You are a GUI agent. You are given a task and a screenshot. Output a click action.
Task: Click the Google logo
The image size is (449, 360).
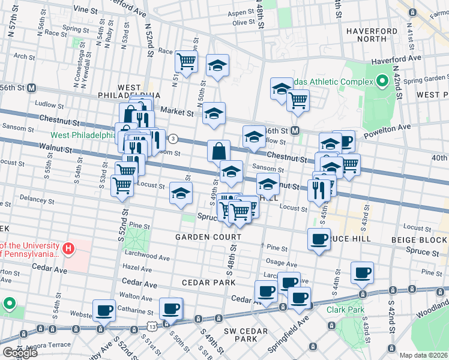tap(20, 353)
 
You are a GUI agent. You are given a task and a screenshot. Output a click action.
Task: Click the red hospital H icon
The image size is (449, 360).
tap(69, 247)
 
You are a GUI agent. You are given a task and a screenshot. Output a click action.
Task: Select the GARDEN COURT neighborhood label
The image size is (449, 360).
tap(208, 237)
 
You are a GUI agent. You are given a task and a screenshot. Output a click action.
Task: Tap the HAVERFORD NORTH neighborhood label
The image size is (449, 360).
tap(370, 35)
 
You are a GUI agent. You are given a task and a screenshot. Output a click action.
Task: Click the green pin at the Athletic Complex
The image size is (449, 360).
tap(382, 82)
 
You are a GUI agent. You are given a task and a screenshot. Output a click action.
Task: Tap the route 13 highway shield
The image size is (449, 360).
tap(150, 326)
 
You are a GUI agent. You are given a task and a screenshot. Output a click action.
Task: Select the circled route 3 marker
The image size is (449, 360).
tap(173, 139)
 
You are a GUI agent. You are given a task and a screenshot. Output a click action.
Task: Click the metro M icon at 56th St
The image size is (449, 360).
tap(32, 87)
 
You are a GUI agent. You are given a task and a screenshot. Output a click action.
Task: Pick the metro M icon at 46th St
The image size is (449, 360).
tap(295, 130)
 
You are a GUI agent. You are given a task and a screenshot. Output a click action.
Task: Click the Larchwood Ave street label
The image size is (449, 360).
tap(146, 257)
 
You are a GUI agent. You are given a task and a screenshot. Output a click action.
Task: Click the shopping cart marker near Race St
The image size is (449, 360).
tap(186, 61)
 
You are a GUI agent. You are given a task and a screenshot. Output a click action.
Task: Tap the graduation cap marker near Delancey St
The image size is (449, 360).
tap(179, 193)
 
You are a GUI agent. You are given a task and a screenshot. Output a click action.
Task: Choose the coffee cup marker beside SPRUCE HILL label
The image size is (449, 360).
tap(319, 239)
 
